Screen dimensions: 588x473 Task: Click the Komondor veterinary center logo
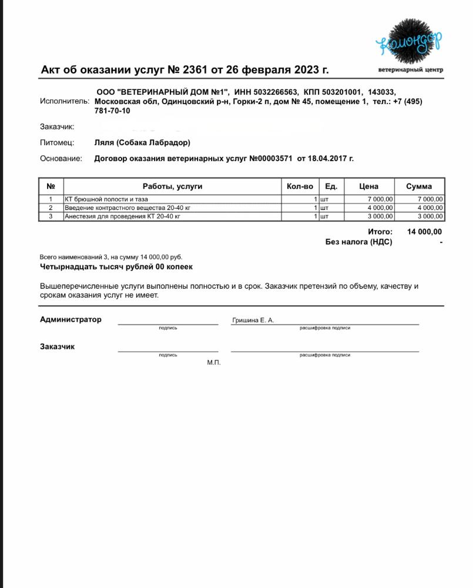tap(410, 45)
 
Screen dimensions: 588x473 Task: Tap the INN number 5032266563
tap(277, 92)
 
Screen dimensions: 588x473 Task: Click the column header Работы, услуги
tap(172, 186)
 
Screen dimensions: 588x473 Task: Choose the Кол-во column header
tap(300, 186)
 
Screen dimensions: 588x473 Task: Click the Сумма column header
tap(419, 186)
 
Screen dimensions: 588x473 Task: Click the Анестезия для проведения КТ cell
tap(122, 216)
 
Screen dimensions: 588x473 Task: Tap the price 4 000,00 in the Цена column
tap(380, 208)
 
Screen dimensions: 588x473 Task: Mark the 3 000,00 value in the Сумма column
tap(430, 216)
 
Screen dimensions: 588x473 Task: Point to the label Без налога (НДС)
tap(358, 242)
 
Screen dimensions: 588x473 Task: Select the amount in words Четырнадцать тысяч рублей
tap(116, 266)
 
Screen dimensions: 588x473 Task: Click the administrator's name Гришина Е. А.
tap(253, 320)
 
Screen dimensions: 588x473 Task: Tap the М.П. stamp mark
tap(213, 363)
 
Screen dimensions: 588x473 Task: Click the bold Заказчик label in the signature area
tap(57, 346)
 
